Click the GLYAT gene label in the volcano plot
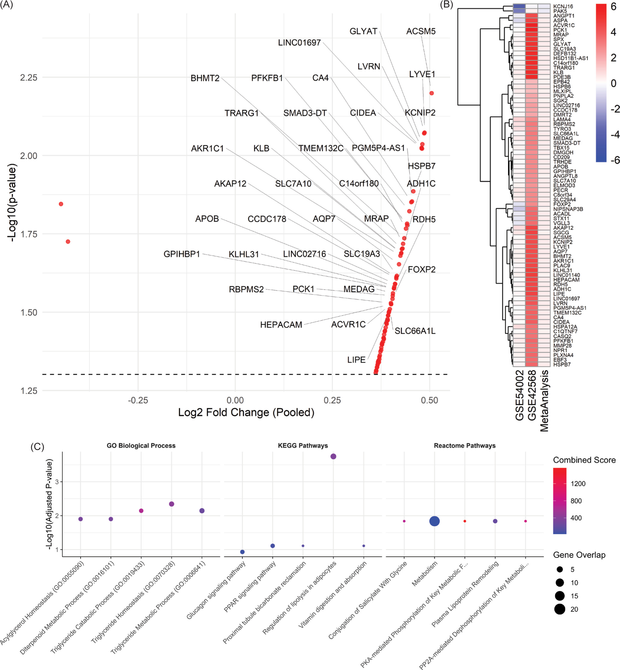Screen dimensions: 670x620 [x=363, y=31]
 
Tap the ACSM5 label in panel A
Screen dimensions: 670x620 [x=421, y=31]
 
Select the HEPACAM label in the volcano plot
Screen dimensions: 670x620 [x=281, y=325]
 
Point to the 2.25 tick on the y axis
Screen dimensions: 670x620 [x=29, y=78]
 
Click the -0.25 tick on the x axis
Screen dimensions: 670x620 [x=138, y=400]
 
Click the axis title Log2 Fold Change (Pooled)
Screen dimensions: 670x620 [x=246, y=412]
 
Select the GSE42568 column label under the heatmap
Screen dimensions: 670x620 [x=532, y=395]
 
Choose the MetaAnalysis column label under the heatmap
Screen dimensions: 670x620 [x=544, y=400]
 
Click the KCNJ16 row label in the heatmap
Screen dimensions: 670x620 [x=563, y=6]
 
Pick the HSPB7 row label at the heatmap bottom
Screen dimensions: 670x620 [x=562, y=364]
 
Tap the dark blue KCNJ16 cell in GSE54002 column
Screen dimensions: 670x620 [x=519, y=6]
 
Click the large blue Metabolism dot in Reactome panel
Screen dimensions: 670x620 [x=435, y=521]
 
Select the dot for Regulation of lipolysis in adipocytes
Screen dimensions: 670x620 [x=333, y=456]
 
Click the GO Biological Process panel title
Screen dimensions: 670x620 [x=141, y=446]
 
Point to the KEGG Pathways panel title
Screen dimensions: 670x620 [x=303, y=446]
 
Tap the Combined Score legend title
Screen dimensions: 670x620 [x=584, y=460]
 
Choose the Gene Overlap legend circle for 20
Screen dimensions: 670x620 [x=559, y=609]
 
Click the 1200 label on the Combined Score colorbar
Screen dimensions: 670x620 [x=578, y=483]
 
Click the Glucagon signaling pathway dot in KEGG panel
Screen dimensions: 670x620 [x=242, y=552]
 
